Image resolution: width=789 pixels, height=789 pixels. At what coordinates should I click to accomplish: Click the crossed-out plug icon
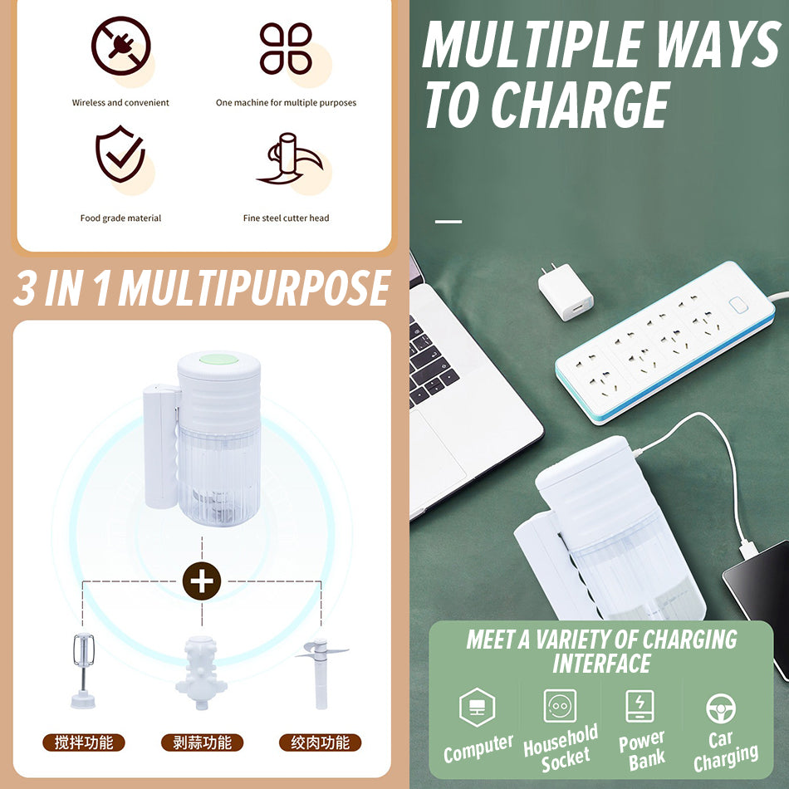[120, 46]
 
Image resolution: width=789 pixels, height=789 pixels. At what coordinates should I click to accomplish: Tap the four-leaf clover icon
[286, 48]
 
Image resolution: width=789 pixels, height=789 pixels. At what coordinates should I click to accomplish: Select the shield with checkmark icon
[120, 154]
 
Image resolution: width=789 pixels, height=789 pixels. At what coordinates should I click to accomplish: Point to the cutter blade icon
[290, 158]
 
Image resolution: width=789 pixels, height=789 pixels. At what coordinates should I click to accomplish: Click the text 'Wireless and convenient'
[120, 103]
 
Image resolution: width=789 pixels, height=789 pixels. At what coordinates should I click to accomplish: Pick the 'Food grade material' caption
[120, 218]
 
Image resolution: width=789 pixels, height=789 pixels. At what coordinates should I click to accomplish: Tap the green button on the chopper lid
[219, 360]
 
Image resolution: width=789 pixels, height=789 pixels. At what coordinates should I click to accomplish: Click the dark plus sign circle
[202, 581]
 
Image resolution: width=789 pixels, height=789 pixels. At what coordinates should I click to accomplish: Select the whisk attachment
[83, 670]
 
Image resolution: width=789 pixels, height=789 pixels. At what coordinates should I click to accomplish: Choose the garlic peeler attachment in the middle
[201, 672]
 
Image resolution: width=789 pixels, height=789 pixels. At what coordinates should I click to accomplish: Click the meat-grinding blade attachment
[321, 674]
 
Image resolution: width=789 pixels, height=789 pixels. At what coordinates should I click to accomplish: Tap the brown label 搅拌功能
[84, 742]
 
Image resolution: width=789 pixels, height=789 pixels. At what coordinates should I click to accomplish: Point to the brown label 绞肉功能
[321, 742]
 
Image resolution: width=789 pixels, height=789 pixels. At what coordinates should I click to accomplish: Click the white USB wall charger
[565, 292]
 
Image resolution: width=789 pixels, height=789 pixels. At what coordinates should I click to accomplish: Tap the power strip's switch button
[738, 305]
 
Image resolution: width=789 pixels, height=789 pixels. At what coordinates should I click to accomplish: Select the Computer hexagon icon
[477, 707]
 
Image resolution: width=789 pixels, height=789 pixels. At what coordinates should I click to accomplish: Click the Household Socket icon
[560, 706]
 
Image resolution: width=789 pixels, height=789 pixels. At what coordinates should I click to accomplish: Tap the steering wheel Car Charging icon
[721, 708]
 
